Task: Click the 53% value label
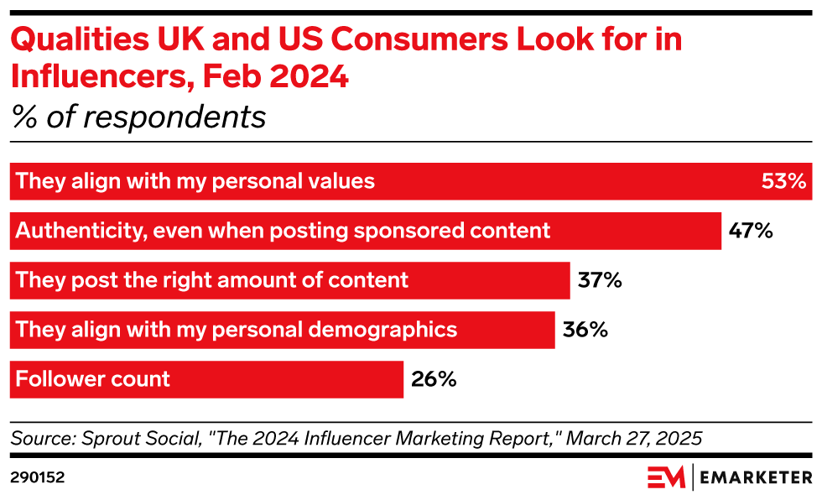click(x=783, y=181)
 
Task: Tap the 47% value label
click(x=751, y=231)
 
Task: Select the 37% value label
click(x=600, y=280)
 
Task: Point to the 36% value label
click(x=585, y=330)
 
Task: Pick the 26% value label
click(x=434, y=379)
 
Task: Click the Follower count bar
click(x=206, y=379)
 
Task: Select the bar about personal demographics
click(x=282, y=330)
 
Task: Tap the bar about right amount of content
click(x=289, y=280)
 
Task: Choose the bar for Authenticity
click(x=365, y=231)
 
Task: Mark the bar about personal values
click(x=410, y=181)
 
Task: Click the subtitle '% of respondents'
click(x=138, y=117)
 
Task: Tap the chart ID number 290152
click(x=38, y=477)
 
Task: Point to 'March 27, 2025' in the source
click(x=638, y=438)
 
